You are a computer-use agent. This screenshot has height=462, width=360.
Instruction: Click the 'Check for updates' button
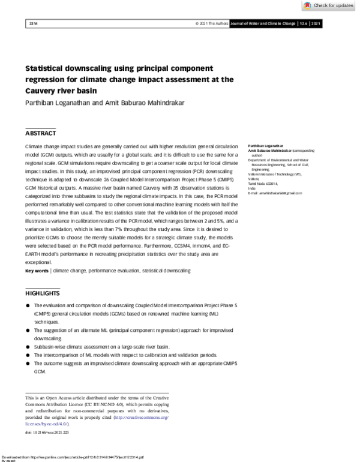329,5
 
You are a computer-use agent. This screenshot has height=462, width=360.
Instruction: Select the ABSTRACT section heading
41,133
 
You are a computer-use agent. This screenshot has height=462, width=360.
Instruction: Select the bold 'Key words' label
37,271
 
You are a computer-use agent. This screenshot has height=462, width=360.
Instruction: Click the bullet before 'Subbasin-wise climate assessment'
28,347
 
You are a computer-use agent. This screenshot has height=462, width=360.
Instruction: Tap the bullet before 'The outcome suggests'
28,364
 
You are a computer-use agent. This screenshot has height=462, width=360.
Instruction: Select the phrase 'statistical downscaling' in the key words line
166,271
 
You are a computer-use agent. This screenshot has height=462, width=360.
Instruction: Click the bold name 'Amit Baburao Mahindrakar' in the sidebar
269,151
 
